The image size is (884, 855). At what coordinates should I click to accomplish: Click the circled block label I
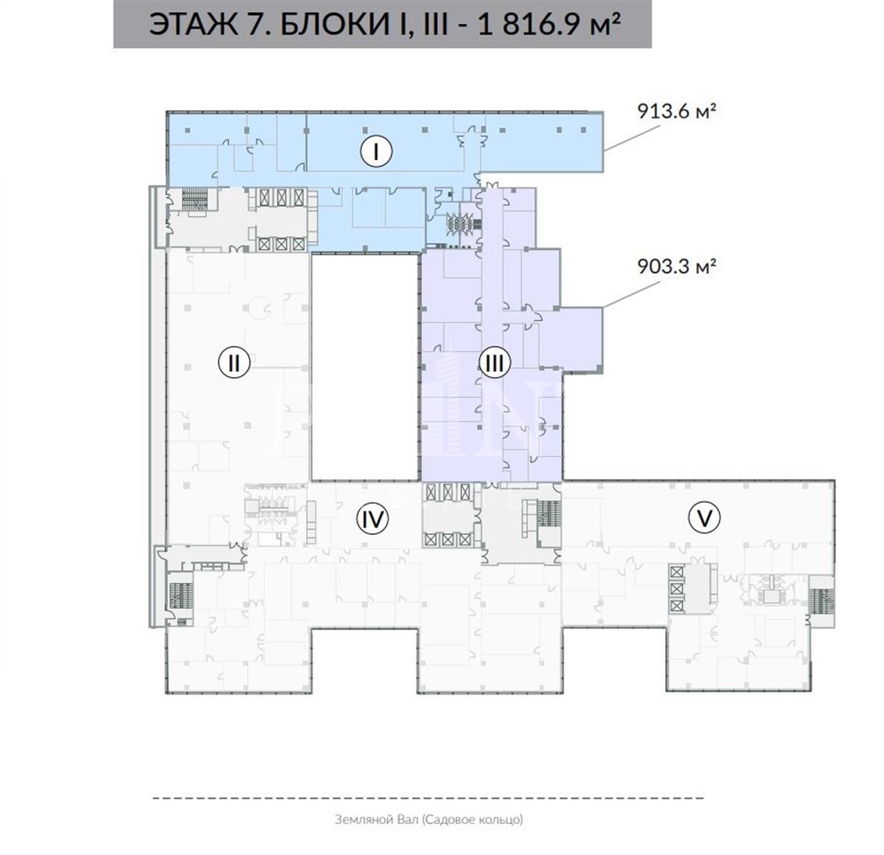click(376, 152)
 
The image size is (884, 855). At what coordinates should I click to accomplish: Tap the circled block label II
click(234, 363)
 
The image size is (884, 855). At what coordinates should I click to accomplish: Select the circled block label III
click(495, 363)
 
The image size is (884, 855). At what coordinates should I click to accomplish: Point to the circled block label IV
click(373, 518)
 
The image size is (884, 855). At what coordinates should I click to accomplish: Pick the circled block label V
click(704, 518)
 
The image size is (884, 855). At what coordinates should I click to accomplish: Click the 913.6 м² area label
click(676, 111)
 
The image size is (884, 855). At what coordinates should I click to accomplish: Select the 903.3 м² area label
click(676, 267)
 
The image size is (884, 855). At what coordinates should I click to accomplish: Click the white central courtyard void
click(365, 367)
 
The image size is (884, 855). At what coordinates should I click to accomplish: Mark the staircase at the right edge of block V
click(823, 602)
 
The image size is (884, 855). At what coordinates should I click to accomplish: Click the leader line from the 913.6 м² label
click(632, 138)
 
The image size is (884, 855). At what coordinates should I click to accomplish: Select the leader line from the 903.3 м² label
click(632, 295)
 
